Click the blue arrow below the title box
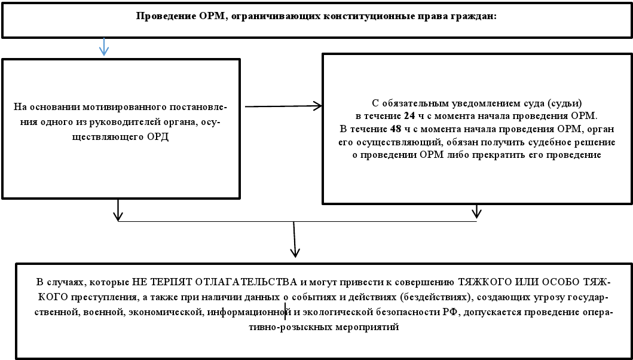pos(104,47)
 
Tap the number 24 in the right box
pos(409,115)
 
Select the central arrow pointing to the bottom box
pos(294,240)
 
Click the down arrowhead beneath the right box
pos(476,212)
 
